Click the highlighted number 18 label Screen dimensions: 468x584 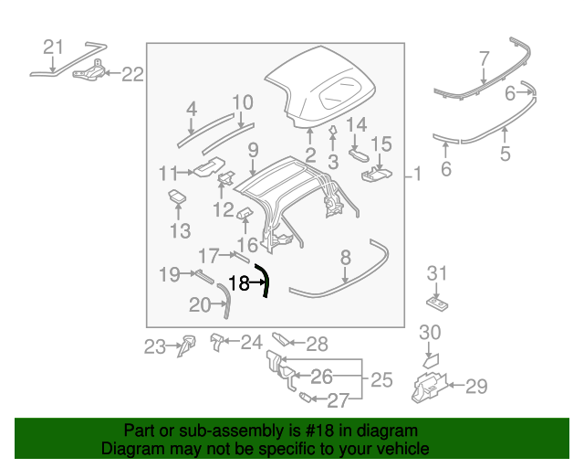tap(237, 283)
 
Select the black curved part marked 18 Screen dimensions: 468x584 tap(264, 280)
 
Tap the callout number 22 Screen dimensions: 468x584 tap(133, 75)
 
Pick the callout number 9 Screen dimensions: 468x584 tap(253, 149)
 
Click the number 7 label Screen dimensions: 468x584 tap(485, 61)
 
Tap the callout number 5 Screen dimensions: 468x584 tap(505, 153)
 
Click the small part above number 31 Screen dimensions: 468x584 tap(437, 300)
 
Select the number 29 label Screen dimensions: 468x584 tap(476, 387)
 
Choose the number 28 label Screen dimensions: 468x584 tap(317, 345)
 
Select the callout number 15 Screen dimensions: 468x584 tap(381, 144)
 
